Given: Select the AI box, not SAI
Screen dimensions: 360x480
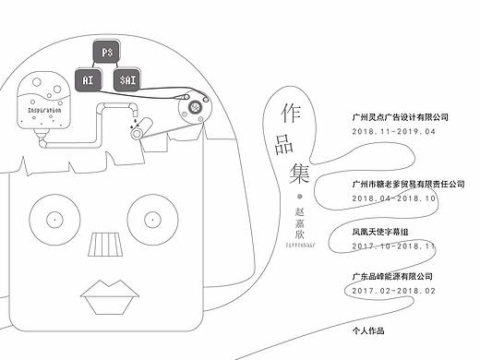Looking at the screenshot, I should (x=88, y=79).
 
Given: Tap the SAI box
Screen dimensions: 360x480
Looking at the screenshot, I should (x=128, y=79).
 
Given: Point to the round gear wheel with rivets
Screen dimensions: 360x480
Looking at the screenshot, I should (x=195, y=108).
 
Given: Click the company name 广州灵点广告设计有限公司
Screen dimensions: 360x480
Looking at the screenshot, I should (x=402, y=117).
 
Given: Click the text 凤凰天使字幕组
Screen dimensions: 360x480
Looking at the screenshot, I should (x=381, y=233).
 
